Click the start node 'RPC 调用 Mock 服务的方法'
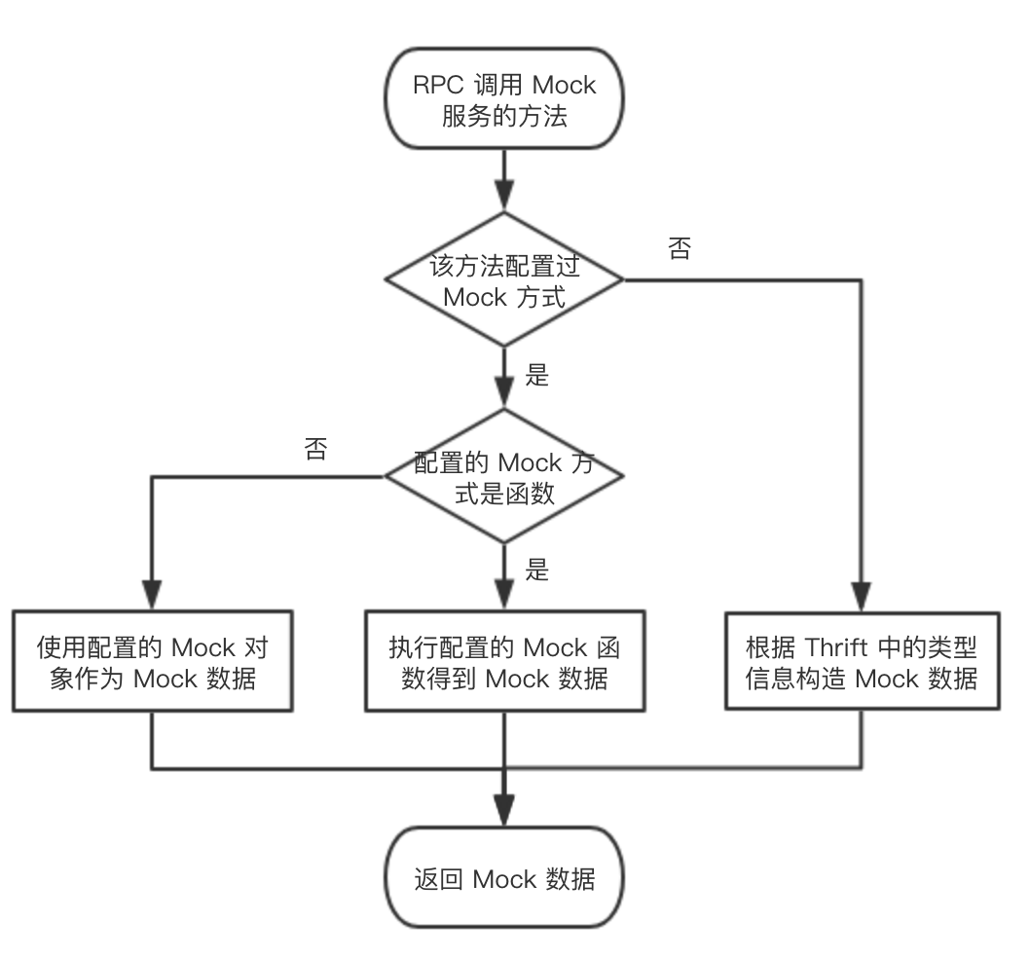[x=504, y=100]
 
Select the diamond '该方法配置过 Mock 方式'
[x=504, y=280]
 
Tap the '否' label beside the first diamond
[x=680, y=248]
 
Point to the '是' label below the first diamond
[x=537, y=376]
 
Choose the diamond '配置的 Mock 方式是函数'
[x=504, y=477]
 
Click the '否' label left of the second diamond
[x=315, y=451]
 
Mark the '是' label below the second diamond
[x=537, y=570]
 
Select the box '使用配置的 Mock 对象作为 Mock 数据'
[x=153, y=662]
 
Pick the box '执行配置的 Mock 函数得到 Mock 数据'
[x=504, y=662]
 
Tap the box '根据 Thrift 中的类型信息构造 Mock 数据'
[x=862, y=662]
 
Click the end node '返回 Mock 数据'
[x=504, y=879]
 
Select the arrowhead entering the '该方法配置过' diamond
[x=504, y=198]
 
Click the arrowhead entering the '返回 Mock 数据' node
[x=504, y=811]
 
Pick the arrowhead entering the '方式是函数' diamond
[x=504, y=394]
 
